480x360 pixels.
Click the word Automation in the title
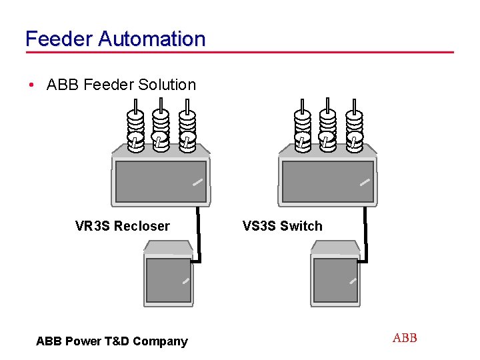(151, 39)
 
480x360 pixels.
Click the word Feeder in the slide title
(59, 39)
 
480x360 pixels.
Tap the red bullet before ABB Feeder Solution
(31, 85)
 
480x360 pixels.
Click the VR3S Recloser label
(122, 226)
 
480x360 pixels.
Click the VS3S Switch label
(282, 226)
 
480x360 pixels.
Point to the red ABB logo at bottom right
(405, 338)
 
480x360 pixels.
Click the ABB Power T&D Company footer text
(112, 341)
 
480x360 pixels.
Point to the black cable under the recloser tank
(199, 233)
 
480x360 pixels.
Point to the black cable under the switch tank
(365, 233)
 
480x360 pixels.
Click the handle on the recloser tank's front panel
(197, 181)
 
